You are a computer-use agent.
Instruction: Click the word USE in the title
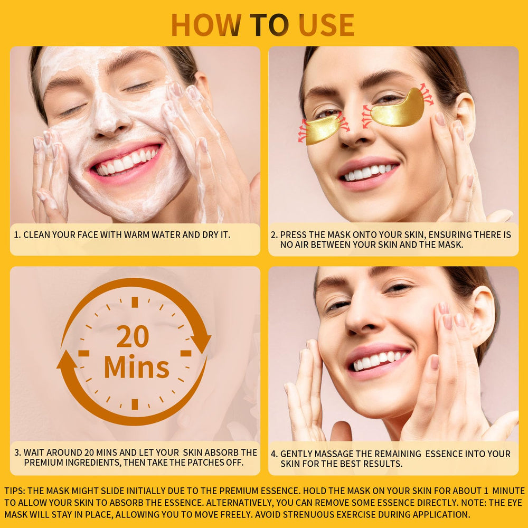pos(326,25)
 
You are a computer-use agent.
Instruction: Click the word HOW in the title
pos(206,25)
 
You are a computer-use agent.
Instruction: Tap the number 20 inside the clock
pos(133,336)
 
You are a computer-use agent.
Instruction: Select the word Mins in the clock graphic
pos(136,366)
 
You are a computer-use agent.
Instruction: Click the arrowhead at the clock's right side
pos(201,343)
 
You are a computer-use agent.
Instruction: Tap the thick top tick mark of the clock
pos(135,302)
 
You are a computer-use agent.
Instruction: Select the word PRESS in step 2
pos(293,235)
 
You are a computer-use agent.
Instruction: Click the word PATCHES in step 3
pos(206,463)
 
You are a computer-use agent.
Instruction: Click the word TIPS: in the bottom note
pos(15,491)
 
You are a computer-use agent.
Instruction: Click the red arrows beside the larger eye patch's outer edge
pos(426,94)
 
